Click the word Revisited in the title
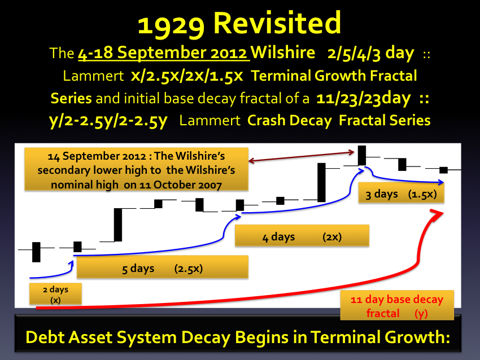point(277,23)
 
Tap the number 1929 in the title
point(171,25)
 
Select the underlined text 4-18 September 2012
point(164,52)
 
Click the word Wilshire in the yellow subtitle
point(282,52)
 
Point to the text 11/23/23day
point(363,99)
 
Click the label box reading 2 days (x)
point(55,294)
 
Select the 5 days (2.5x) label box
point(162,267)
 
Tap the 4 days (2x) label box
point(302,235)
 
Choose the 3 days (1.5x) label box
point(401,192)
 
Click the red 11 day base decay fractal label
point(397,306)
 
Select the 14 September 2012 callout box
point(136,169)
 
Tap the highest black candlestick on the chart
point(362,155)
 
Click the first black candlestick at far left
point(36,252)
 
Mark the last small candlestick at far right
point(443,170)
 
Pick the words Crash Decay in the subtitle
point(289,121)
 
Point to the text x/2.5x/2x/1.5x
point(187,76)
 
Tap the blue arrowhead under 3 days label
point(441,182)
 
